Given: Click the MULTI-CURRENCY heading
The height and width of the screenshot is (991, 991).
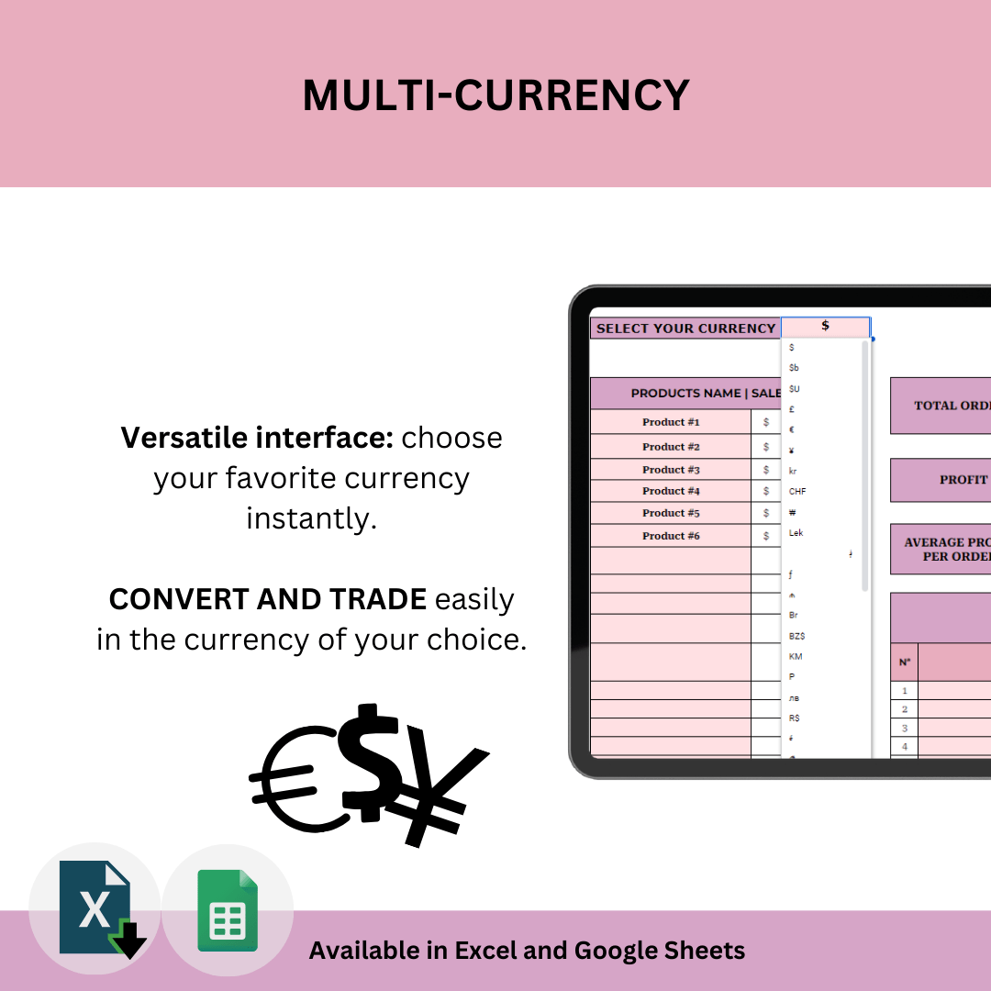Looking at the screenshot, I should pyautogui.click(x=495, y=95).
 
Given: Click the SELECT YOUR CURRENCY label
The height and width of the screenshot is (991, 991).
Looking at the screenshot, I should pyautogui.click(x=685, y=328).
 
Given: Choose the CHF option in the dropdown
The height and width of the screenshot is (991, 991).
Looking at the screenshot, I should pyautogui.click(x=797, y=492).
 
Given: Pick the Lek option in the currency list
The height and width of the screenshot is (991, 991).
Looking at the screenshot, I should pyautogui.click(x=796, y=533).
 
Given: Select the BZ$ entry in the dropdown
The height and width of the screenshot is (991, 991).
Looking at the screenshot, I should pyautogui.click(x=797, y=636).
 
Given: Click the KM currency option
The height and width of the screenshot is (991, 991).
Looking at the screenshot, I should pyautogui.click(x=796, y=657).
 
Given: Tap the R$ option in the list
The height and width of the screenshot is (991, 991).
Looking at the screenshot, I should pyautogui.click(x=795, y=718).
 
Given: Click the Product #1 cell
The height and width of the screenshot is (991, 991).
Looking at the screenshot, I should pyautogui.click(x=671, y=422).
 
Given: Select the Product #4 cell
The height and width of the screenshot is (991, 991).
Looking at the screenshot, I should pyautogui.click(x=671, y=491).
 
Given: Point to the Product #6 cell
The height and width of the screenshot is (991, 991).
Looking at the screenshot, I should pyautogui.click(x=671, y=536).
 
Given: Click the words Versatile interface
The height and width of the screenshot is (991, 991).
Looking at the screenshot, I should pyautogui.click(x=257, y=438).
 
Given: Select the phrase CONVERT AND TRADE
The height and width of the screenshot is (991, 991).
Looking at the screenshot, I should pyautogui.click(x=267, y=599).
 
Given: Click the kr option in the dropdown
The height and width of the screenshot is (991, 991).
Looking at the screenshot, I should pyautogui.click(x=793, y=471).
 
